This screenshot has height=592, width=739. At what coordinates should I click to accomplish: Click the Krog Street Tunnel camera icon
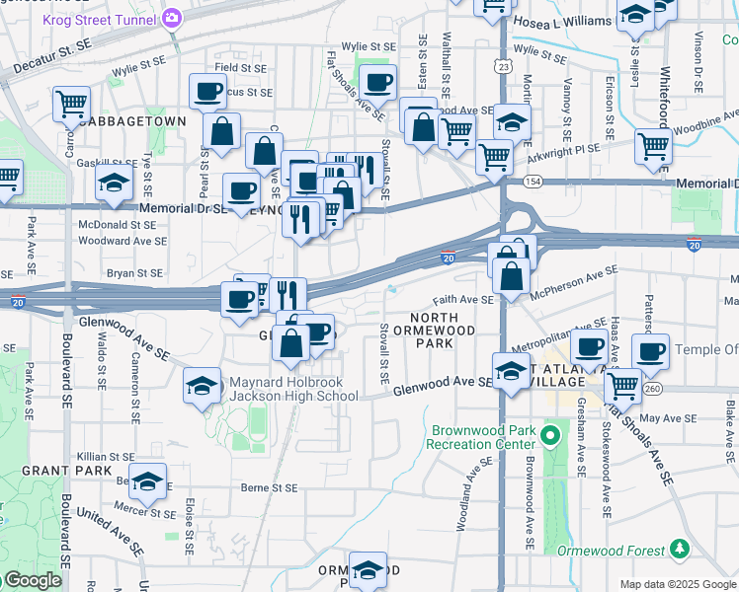pyautogui.click(x=172, y=17)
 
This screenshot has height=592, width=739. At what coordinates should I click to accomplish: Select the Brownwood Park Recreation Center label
pyautogui.click(x=480, y=437)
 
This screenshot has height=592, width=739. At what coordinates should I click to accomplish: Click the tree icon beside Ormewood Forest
pyautogui.click(x=678, y=549)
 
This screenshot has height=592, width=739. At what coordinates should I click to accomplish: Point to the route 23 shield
pyautogui.click(x=504, y=66)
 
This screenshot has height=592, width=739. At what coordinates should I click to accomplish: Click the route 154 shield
pyautogui.click(x=533, y=182)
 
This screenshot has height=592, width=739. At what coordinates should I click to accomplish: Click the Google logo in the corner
pyautogui.click(x=32, y=580)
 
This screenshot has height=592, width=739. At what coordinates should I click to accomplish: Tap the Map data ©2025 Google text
pyautogui.click(x=677, y=584)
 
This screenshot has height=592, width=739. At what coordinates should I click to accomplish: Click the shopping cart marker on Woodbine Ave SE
pyautogui.click(x=653, y=146)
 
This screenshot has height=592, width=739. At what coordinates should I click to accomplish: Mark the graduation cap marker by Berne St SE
pyautogui.click(x=148, y=481)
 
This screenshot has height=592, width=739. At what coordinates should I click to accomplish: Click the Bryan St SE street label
pyautogui.click(x=133, y=272)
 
